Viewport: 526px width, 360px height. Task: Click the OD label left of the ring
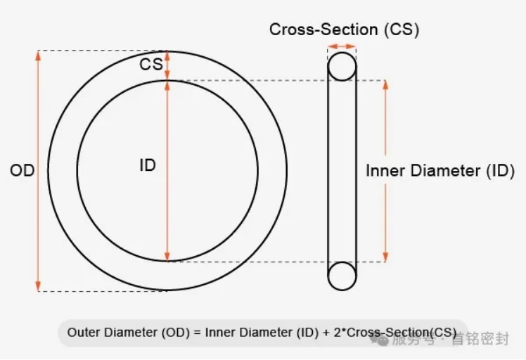pos(22,170)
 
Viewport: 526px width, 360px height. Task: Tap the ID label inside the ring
pos(148,166)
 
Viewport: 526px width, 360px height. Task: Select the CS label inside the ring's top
pos(151,65)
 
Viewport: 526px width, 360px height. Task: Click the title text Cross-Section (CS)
pos(344,30)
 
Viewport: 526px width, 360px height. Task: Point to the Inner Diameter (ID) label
pos(440,170)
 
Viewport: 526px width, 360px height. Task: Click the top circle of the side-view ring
pos(342,67)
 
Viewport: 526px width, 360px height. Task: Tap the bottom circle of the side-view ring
pos(342,275)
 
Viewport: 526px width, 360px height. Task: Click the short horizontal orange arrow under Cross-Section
pos(342,46)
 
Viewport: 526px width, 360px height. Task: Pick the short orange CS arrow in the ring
pos(167,65)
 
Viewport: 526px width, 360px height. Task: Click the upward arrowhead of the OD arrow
pos(38,56)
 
